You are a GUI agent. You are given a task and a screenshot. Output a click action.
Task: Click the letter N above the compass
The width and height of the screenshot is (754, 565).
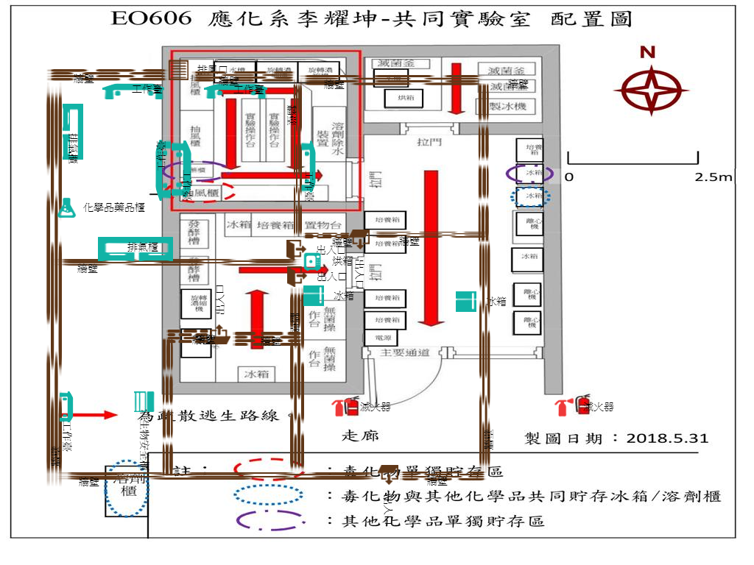(647, 51)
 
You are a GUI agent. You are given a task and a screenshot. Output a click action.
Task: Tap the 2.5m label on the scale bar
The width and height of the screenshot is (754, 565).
(714, 177)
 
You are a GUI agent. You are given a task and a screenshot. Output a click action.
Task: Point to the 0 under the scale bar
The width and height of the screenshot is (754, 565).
(568, 177)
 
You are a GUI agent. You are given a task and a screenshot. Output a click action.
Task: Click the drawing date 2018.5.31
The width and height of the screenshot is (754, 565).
(667, 438)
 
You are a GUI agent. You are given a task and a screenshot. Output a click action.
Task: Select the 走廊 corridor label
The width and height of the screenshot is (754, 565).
(361, 436)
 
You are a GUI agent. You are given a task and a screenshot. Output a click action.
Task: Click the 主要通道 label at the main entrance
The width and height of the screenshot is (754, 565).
(404, 353)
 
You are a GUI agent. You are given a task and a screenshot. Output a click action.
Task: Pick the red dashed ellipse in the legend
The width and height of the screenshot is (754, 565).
(268, 469)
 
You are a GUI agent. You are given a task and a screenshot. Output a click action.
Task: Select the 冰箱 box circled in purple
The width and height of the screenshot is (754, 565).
(530, 174)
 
